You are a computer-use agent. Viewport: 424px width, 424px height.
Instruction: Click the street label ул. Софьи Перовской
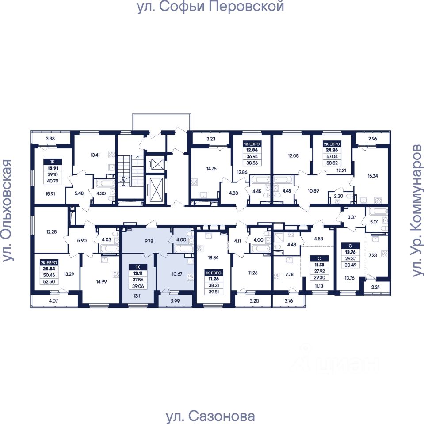pos(210,7)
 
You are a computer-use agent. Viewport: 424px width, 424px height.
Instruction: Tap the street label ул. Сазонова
pos(210,416)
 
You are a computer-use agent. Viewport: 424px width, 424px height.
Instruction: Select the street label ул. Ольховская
pos(8,211)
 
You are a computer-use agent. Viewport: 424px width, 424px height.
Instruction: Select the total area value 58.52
pos(332,162)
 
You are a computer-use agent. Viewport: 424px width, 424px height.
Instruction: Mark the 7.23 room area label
pos(373,254)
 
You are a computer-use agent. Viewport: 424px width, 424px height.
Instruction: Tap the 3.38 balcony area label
pos(50,139)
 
